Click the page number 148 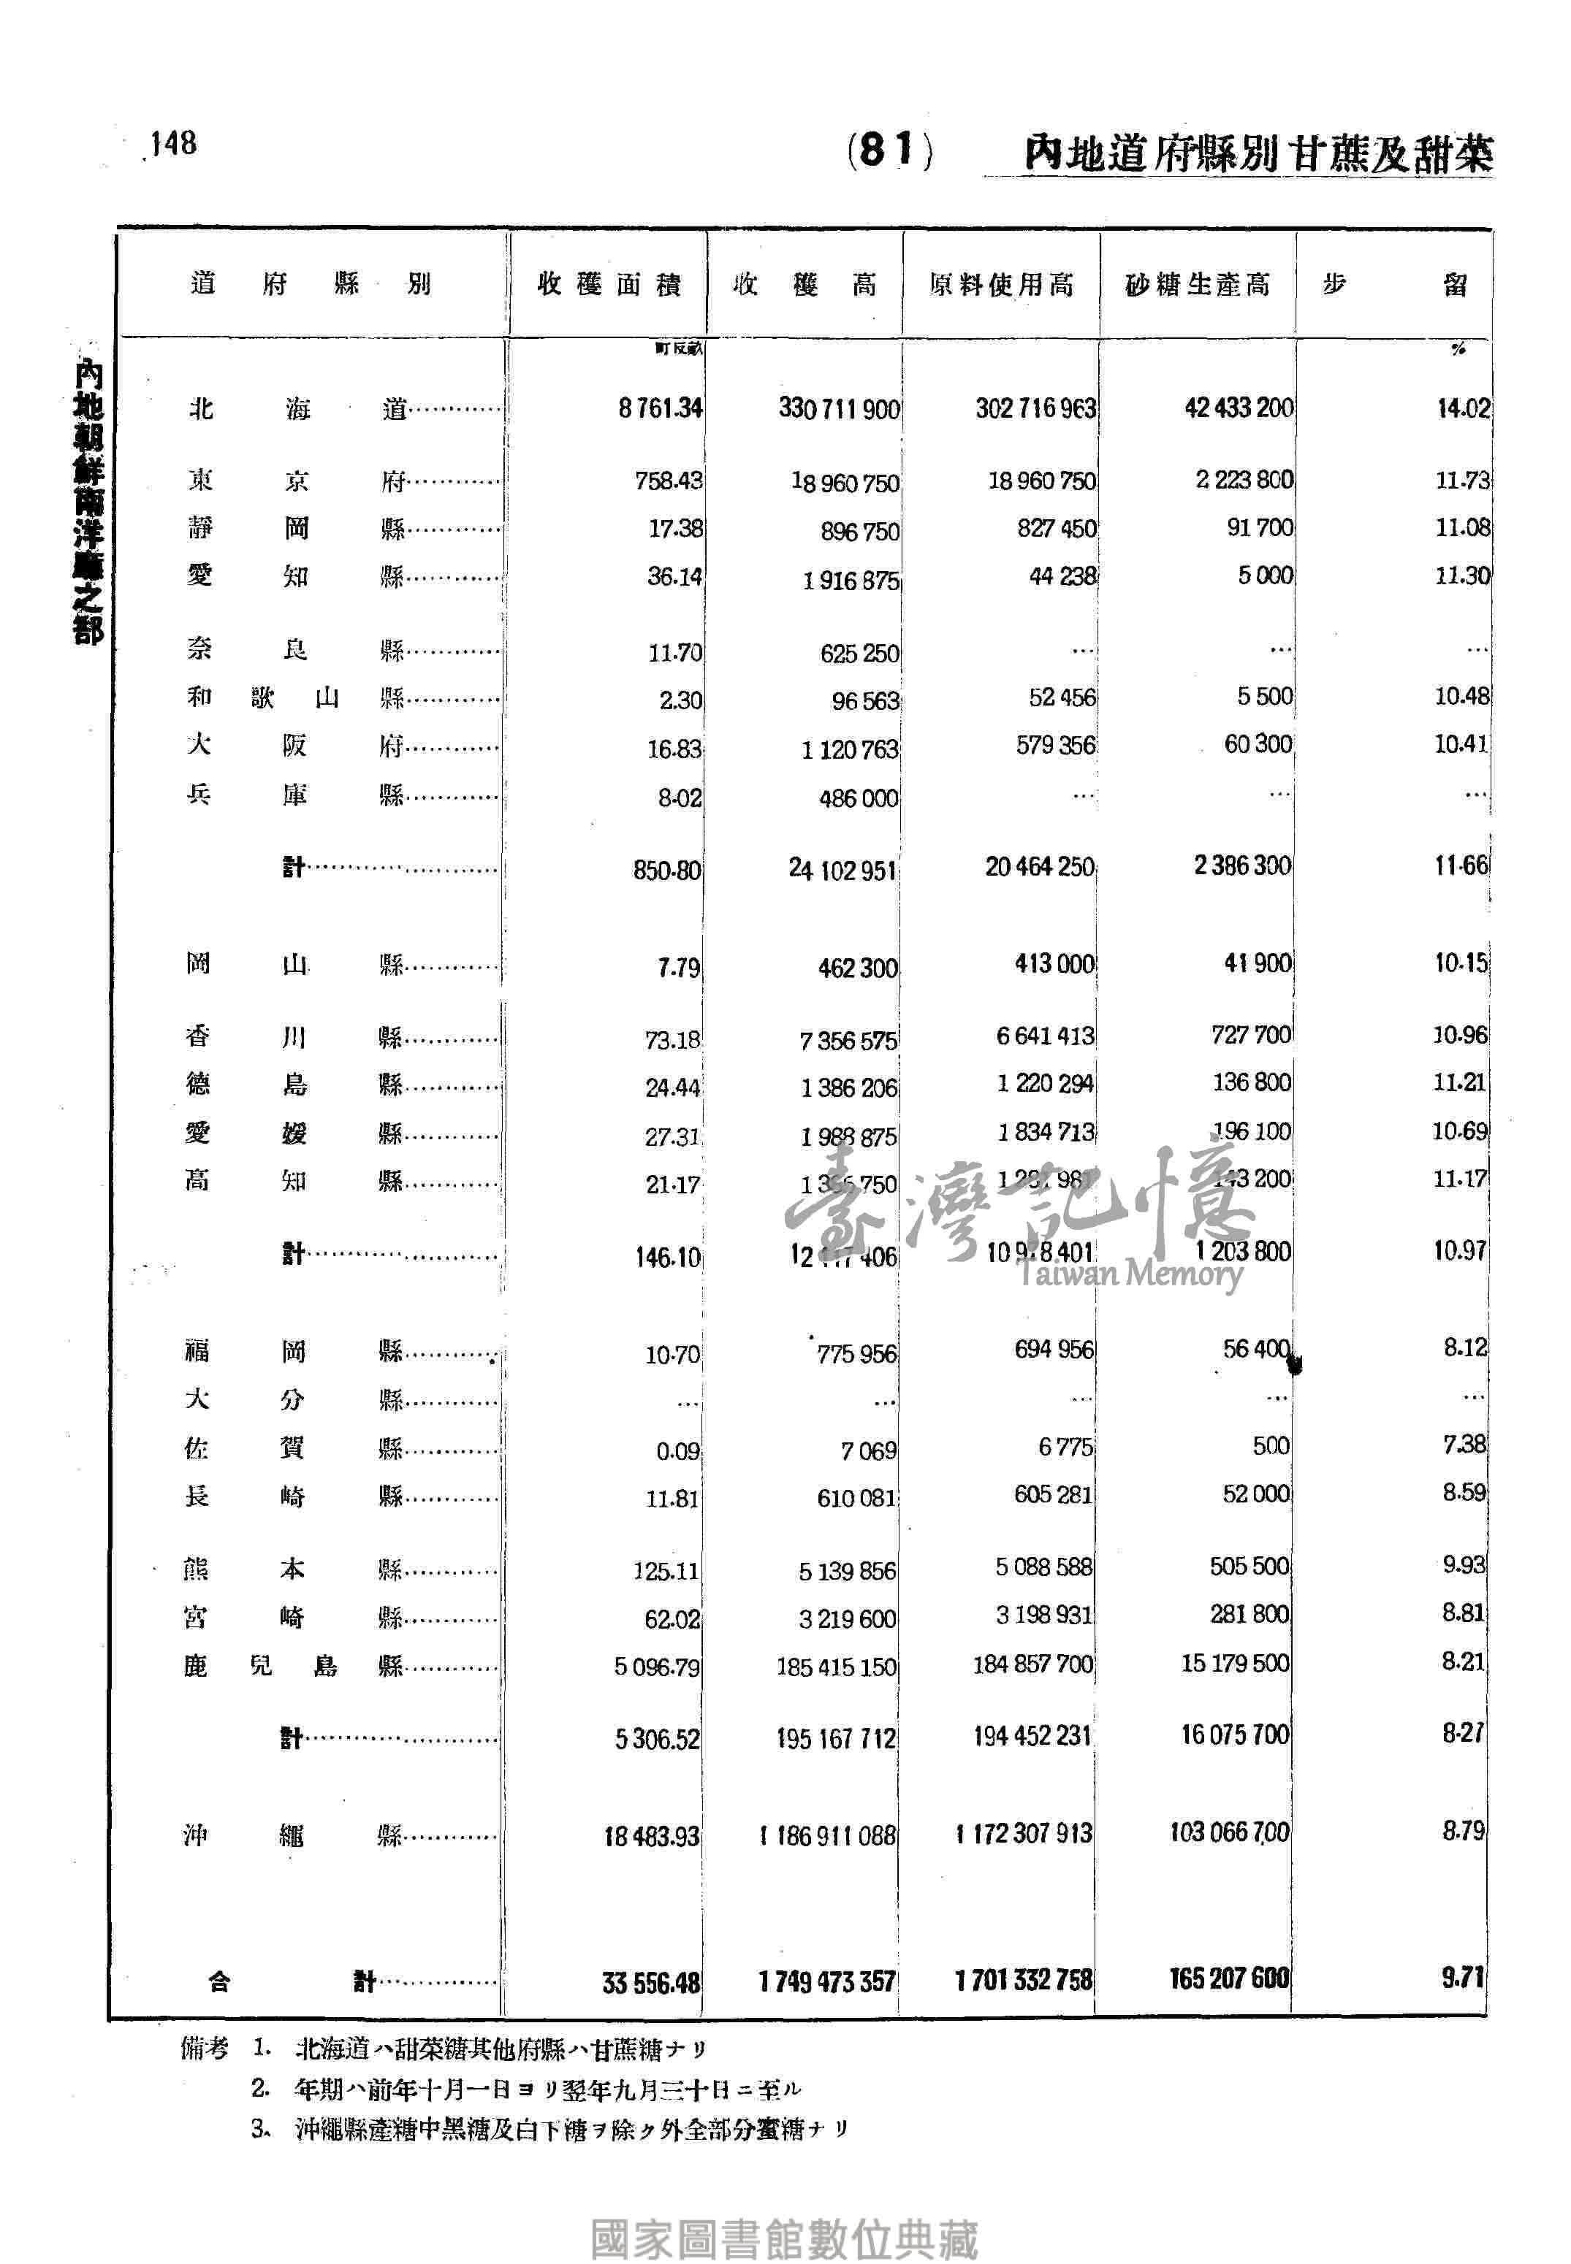pos(173,144)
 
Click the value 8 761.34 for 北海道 pos(660,408)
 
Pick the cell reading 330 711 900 pos(839,408)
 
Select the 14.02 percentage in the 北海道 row pos(1463,408)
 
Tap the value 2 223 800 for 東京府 pos(1244,480)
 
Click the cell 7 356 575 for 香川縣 pos(848,1040)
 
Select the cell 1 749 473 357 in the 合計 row pos(827,1981)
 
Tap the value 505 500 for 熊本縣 pos(1248,1565)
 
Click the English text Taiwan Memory pos(1130,1274)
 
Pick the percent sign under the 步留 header pos(1458,348)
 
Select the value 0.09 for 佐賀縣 pos(677,1451)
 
